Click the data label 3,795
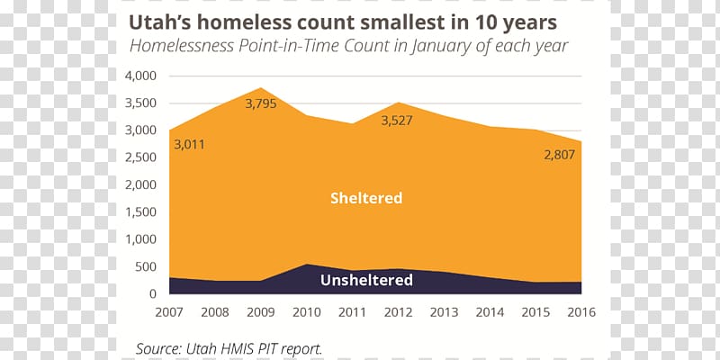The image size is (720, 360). pyautogui.click(x=261, y=104)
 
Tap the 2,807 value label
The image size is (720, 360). pyautogui.click(x=558, y=155)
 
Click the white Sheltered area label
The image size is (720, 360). pyautogui.click(x=365, y=198)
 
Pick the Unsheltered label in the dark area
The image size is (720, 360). pyautogui.click(x=366, y=280)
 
